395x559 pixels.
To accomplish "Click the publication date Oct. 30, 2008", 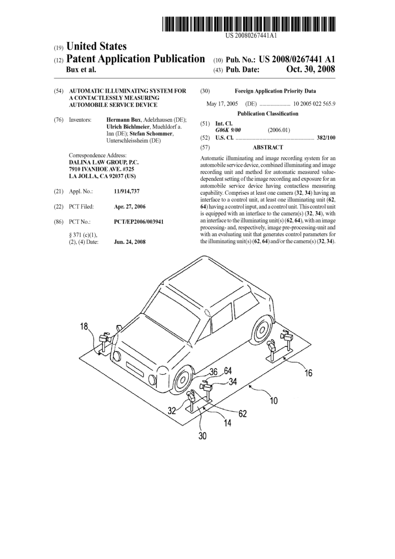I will click(310, 69).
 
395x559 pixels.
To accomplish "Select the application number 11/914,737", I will click(127, 192).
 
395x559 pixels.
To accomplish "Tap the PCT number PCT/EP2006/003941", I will click(139, 222).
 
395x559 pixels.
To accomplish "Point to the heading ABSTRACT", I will click(268, 147).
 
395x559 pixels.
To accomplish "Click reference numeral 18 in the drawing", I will click(84, 327).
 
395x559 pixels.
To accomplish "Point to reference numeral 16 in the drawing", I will click(308, 373).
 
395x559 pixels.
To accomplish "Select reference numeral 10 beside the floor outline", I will click(273, 401).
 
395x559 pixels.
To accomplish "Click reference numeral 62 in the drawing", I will click(243, 414).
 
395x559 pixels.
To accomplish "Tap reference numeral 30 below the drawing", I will click(202, 436).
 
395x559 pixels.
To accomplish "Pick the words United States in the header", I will click(97, 47).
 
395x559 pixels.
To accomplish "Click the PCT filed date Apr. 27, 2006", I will click(130, 207).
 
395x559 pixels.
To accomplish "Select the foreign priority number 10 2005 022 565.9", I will click(314, 104).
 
